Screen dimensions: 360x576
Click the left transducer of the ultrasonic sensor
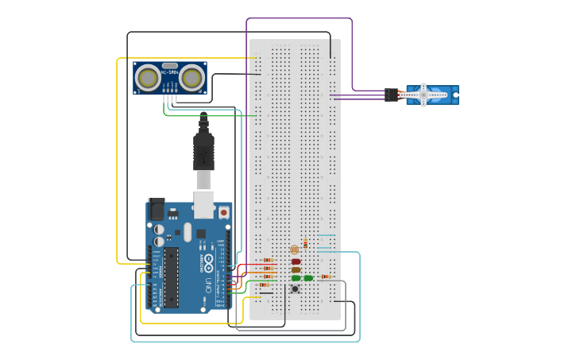pyautogui.click(x=147, y=77)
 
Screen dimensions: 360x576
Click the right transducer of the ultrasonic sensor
pyautogui.click(x=191, y=77)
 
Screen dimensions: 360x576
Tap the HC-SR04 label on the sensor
pyautogui.click(x=169, y=73)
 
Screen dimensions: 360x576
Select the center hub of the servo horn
pyautogui.click(x=423, y=95)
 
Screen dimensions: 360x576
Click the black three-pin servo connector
pyautogui.click(x=392, y=95)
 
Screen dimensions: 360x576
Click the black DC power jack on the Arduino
pyautogui.click(x=157, y=209)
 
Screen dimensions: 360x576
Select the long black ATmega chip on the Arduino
pyautogui.click(x=171, y=277)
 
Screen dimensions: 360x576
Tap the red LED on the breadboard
pyautogui.click(x=296, y=261)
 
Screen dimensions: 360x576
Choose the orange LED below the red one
pyautogui.click(x=296, y=270)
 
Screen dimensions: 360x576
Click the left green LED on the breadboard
pyautogui.click(x=296, y=278)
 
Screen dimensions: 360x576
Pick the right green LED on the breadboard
pyautogui.click(x=308, y=278)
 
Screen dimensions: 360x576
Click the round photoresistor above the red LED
pyautogui.click(x=295, y=250)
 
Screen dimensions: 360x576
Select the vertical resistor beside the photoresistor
pyautogui.click(x=306, y=244)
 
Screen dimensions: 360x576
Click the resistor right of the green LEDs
pyautogui.click(x=325, y=277)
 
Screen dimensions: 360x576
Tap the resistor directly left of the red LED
pyautogui.click(x=268, y=260)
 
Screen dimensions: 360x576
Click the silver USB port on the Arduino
pyautogui.click(x=204, y=204)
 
